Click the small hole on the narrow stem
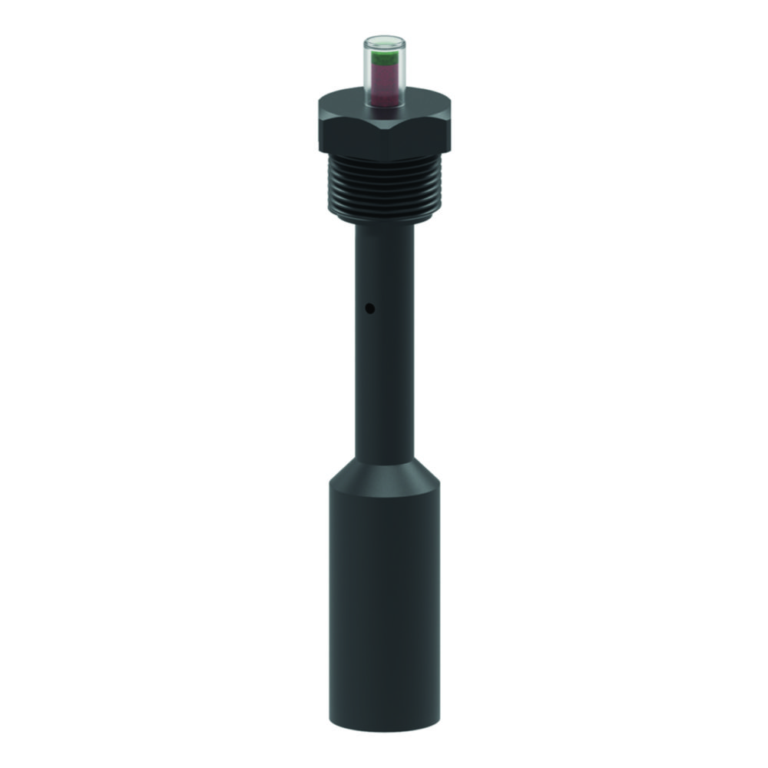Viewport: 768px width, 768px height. tap(369, 310)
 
